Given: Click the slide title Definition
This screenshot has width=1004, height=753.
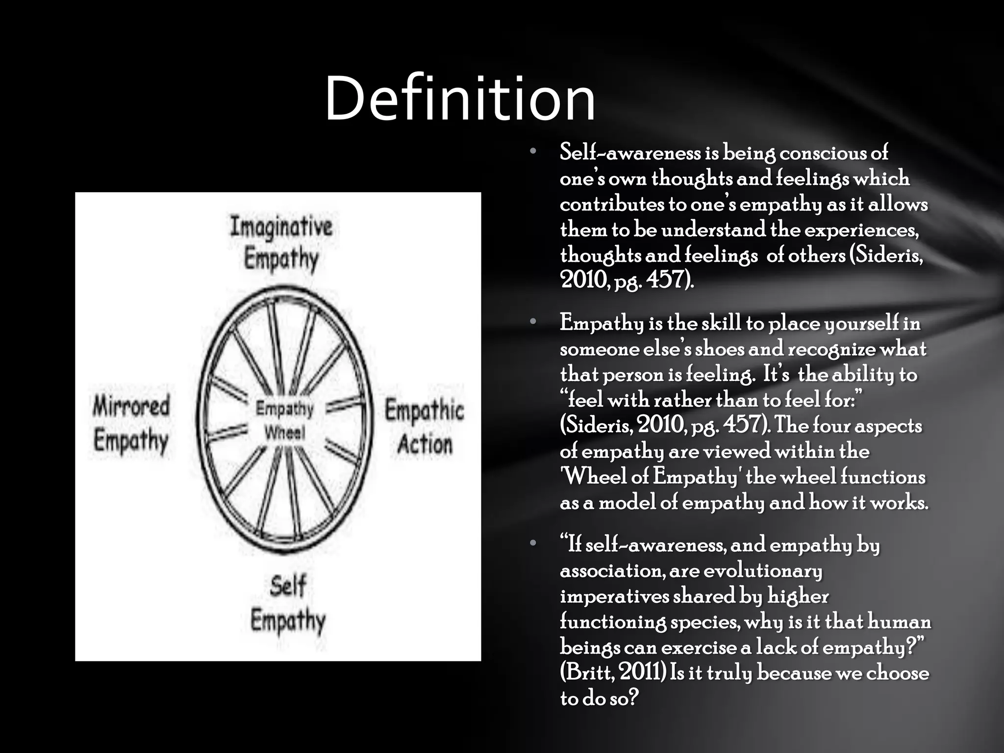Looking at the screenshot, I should coord(460,98).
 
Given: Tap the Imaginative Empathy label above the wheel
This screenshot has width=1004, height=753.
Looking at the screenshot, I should coord(281,243).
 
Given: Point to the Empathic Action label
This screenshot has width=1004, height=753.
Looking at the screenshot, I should coord(425,427).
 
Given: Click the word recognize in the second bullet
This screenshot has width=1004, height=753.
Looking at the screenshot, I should coord(831,349).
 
